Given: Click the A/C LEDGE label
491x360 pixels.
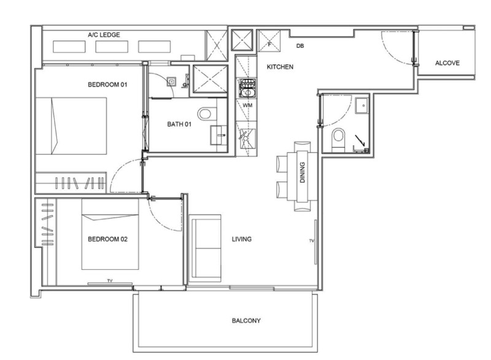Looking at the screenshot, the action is coord(104,35).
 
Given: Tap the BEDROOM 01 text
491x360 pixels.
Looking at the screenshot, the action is coord(108,85).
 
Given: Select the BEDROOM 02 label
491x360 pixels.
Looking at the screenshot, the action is coord(108,239).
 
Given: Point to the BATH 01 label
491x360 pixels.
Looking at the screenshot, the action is coord(179,124).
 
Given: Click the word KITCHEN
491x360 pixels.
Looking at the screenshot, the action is coord(280,67).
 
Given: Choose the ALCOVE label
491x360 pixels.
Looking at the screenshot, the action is coord(447,63).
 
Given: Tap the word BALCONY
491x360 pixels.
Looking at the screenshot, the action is coord(246,321).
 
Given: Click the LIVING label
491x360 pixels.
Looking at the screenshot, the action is coord(242,239).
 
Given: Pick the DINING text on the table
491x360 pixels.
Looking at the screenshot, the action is coord(302,172).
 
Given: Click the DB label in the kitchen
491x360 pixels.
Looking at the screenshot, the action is coord(300,46).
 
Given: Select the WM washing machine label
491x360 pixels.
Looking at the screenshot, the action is coord(247,105).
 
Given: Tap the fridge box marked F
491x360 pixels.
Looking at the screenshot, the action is coord(269,40).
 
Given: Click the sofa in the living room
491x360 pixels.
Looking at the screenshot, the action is coord(206,246).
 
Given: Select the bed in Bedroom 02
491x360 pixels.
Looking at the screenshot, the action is coord(110,234).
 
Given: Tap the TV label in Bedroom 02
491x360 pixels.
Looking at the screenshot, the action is coord(110,280).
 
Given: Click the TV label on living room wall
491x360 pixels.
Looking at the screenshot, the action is coord(312,241).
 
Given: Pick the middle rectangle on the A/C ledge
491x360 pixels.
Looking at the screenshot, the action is coord(112,47).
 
